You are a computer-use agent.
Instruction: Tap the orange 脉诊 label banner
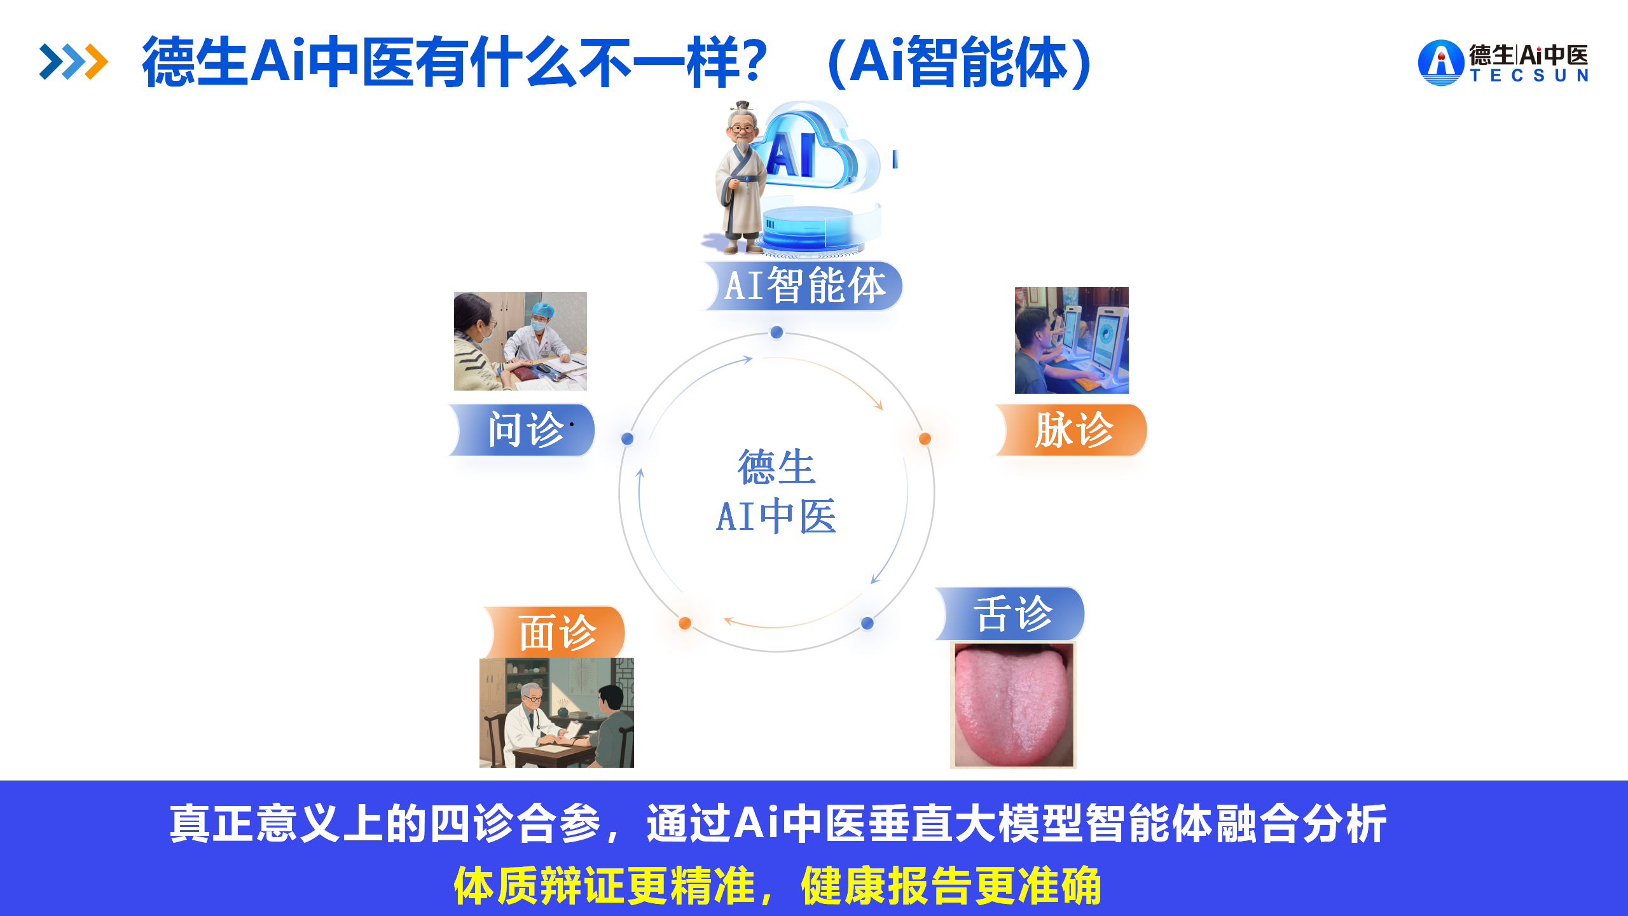click(x=1072, y=430)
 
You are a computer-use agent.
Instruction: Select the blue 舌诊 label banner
click(x=1011, y=613)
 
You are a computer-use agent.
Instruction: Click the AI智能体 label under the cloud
click(x=803, y=286)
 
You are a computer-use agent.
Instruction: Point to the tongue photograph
click(x=1013, y=705)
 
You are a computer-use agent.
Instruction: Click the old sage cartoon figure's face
click(x=742, y=128)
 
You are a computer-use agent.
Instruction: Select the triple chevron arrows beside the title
click(x=74, y=62)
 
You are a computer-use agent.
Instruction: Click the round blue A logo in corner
click(x=1441, y=62)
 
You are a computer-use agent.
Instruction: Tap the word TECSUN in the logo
click(x=1529, y=76)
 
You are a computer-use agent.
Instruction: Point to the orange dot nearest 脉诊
click(x=925, y=438)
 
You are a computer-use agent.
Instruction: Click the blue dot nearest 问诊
click(x=628, y=438)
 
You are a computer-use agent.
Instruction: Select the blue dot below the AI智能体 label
click(x=776, y=332)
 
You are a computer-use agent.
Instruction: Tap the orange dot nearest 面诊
click(x=685, y=623)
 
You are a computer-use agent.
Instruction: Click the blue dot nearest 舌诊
click(x=867, y=623)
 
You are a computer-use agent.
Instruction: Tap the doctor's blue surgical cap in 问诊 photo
click(x=542, y=310)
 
